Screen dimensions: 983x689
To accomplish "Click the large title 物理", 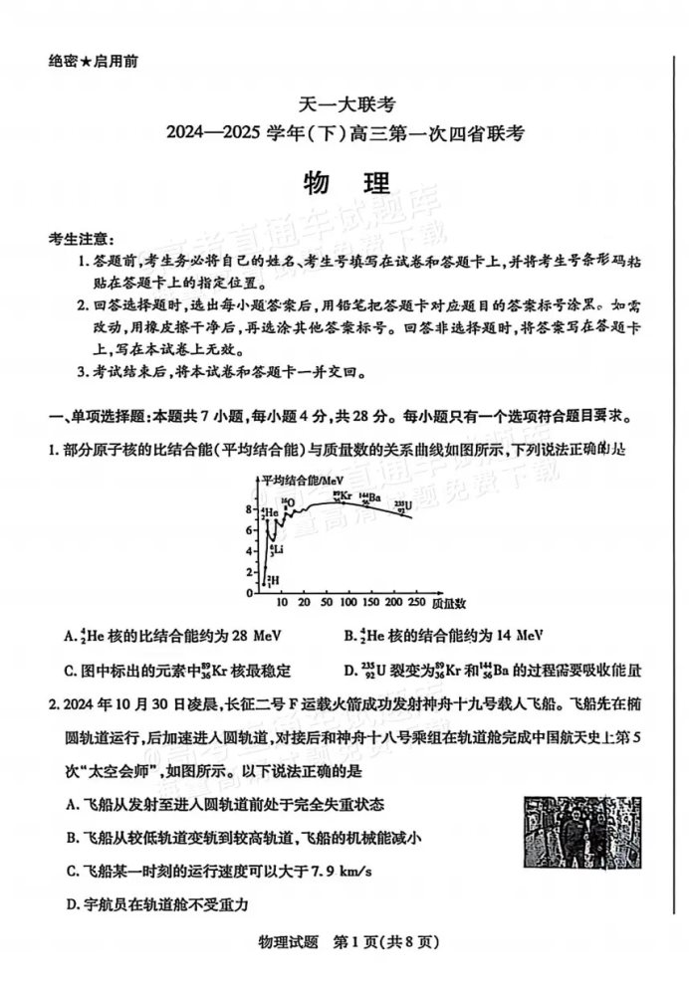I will [x=344, y=187].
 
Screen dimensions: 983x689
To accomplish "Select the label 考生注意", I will [x=81, y=240].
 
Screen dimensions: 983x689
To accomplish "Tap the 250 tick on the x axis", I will [x=412, y=603].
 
